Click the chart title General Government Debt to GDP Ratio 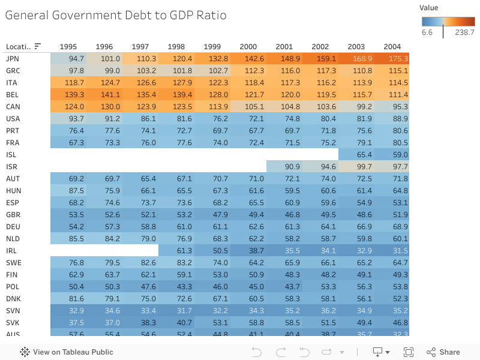(116, 15)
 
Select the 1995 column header (68, 46)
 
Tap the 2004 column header (392, 46)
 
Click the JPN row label (12, 58)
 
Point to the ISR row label (12, 166)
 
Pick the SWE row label (13, 262)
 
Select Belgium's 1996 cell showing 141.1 (104, 94)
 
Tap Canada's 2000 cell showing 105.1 (248, 106)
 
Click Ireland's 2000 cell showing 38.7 (248, 250)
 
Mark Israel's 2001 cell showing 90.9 (284, 166)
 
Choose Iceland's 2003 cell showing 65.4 (356, 154)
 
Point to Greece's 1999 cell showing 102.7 (212, 70)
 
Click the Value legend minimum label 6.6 (427, 32)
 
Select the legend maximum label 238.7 (464, 32)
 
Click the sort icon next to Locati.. (38, 46)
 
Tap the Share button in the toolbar (443, 352)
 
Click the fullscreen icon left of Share (409, 352)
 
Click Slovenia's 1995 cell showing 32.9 (68, 310)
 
